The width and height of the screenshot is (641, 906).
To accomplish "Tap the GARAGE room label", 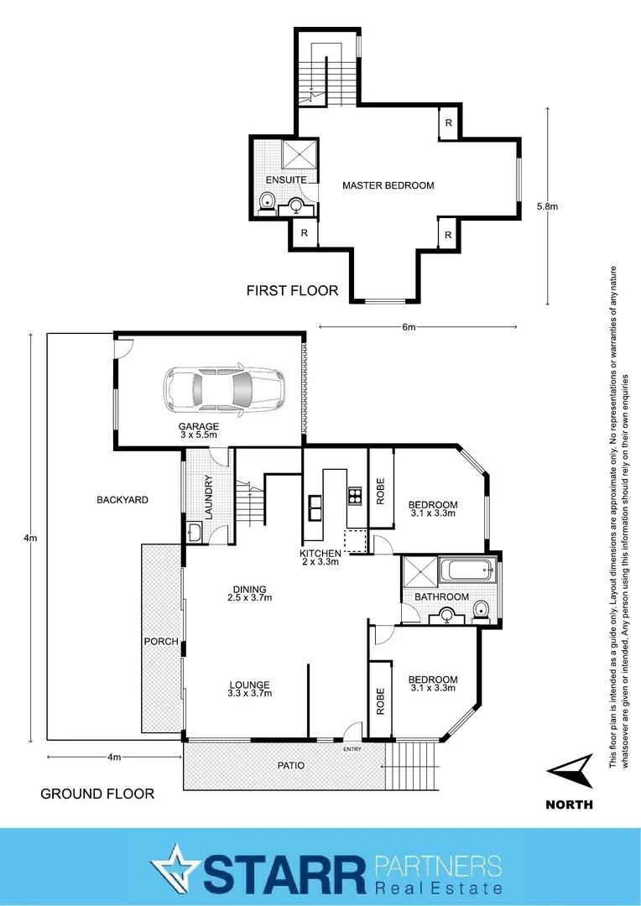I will point(198,427).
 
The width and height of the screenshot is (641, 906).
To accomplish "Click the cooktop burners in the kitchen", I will point(354,496).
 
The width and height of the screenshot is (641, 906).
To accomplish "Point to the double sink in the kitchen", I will point(316,505).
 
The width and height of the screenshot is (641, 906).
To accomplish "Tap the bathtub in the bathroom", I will point(467,572).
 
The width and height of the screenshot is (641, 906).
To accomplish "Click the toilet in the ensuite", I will point(267,200).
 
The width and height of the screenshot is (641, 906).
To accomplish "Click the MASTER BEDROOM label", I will point(388,185).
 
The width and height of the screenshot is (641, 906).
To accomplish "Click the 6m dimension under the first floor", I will point(409,327).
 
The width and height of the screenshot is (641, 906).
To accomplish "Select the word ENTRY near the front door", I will point(351,749).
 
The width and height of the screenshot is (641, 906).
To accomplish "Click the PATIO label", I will point(292,765).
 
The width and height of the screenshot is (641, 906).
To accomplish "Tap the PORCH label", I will point(162,642).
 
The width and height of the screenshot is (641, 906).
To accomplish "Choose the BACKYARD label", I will point(122,499).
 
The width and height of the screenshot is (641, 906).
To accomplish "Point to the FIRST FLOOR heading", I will point(292,291).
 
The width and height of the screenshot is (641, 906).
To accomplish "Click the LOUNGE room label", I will point(249,684).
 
